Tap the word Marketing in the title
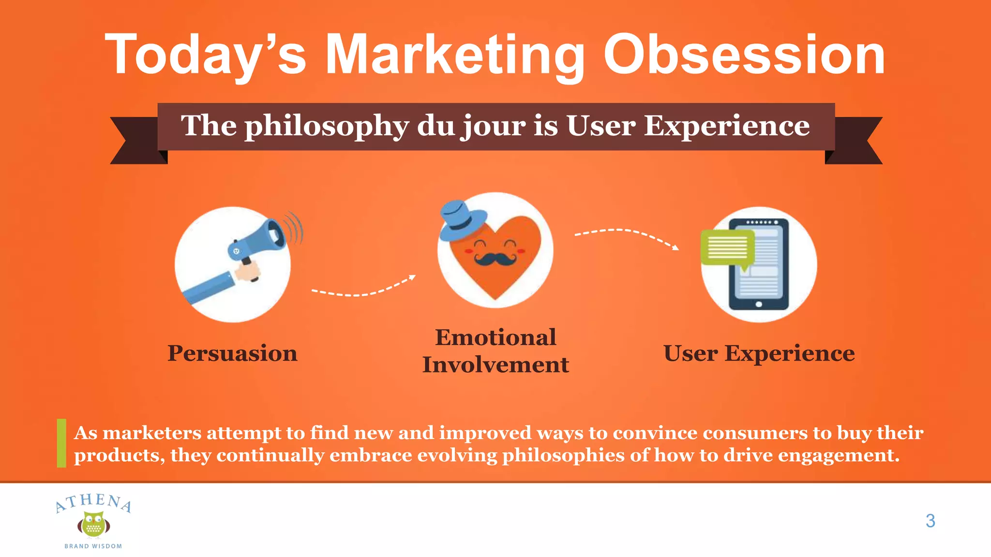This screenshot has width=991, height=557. point(455,56)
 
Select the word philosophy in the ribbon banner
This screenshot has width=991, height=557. point(327,126)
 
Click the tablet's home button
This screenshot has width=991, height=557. point(759,304)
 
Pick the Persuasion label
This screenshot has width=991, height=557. point(232,353)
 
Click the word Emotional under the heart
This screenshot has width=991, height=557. point(495,337)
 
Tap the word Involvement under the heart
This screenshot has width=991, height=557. point(495,365)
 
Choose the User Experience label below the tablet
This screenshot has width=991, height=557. point(759,353)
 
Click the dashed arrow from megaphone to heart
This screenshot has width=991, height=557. point(363,289)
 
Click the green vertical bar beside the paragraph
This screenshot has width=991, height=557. point(61,443)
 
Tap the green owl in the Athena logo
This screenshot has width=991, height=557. point(93,525)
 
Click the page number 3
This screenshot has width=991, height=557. point(930,521)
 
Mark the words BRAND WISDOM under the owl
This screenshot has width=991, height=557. point(93,546)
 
